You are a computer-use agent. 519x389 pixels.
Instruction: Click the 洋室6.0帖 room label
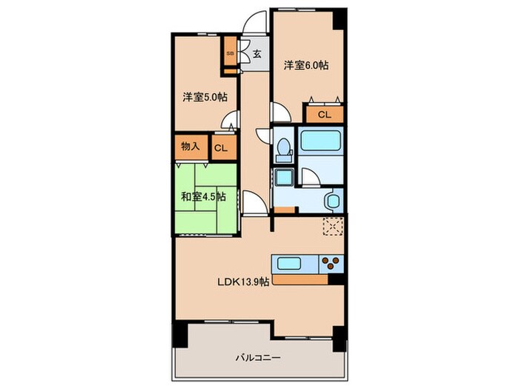point(306,65)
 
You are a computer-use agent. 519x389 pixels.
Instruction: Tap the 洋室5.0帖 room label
point(205,97)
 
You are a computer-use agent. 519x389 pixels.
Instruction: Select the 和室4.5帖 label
point(204,197)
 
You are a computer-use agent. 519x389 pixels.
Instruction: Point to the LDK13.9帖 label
point(243,282)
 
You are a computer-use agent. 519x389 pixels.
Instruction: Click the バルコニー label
point(259,358)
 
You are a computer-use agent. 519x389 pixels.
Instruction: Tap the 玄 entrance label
point(257,53)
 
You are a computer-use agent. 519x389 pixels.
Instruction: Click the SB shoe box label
point(230,53)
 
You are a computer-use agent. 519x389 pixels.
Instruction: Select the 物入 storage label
point(191,146)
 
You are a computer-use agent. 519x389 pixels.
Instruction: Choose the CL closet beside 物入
point(221,148)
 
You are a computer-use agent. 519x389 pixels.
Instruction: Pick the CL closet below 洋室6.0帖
point(325,115)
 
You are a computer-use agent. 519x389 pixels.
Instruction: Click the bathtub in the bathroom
point(321,140)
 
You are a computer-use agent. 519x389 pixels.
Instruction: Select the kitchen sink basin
point(289,264)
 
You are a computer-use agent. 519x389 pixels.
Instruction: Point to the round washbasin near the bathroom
point(333,201)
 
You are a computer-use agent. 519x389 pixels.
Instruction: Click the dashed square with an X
point(333,227)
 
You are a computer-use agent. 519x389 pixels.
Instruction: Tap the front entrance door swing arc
point(254,20)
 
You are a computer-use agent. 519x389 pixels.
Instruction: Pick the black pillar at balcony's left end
point(180,334)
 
